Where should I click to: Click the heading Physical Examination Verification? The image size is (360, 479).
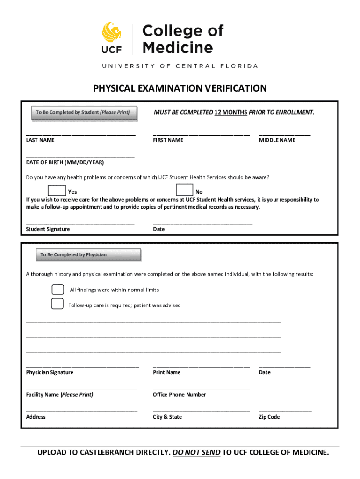click(x=180, y=88)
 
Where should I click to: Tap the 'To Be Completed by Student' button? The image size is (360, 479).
click(x=83, y=113)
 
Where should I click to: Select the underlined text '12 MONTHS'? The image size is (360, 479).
click(x=230, y=113)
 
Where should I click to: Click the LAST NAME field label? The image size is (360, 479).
click(x=40, y=140)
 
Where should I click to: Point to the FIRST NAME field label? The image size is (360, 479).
click(x=168, y=140)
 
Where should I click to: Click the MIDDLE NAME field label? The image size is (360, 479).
click(x=277, y=140)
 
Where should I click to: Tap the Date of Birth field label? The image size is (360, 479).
click(x=65, y=163)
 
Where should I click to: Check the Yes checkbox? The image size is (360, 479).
click(x=57, y=190)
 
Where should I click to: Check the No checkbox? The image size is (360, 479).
click(x=185, y=190)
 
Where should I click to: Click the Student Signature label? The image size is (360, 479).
click(x=48, y=229)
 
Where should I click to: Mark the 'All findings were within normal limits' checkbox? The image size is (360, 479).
click(x=58, y=290)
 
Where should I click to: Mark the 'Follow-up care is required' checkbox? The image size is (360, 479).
click(x=58, y=304)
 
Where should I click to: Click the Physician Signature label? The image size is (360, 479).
click(x=50, y=373)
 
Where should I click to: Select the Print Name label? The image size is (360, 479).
click(x=166, y=373)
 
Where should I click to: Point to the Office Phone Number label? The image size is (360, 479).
click(x=179, y=395)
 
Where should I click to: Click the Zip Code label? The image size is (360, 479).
click(x=269, y=417)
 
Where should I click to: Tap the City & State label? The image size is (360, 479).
click(x=167, y=417)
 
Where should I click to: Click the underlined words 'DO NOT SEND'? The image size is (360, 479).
click(x=196, y=452)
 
